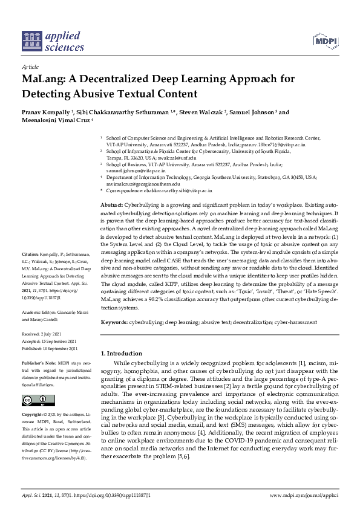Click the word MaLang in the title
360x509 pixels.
click(42, 79)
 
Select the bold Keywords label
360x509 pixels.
click(114, 323)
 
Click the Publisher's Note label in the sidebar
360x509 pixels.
click(37, 363)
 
